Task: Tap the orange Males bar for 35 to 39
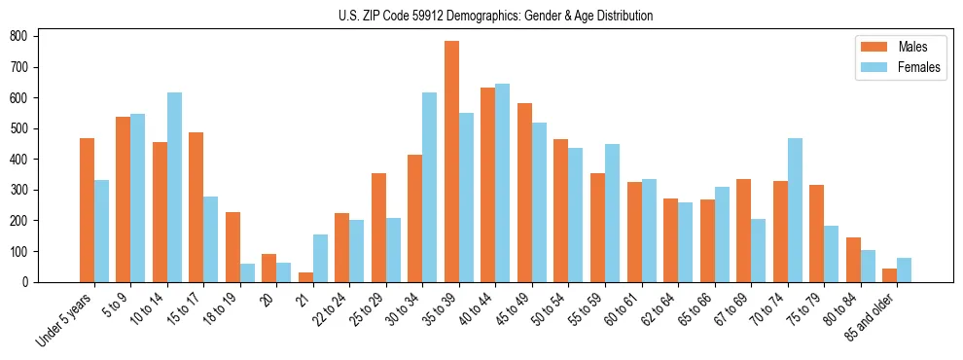(x=451, y=162)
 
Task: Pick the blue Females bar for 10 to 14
(x=174, y=187)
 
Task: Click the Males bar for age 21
(x=305, y=277)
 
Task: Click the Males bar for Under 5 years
(x=87, y=210)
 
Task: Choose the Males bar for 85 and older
(x=889, y=275)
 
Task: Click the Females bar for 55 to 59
(x=612, y=213)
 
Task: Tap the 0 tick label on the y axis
(x=31, y=282)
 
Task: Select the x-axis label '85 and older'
(x=873, y=316)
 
